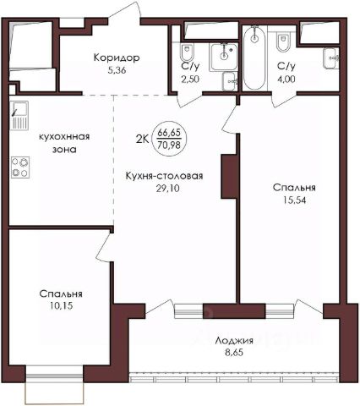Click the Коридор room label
117,58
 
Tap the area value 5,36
117,70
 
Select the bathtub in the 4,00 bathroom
254,58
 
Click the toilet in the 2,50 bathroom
187,52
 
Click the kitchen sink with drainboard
19,115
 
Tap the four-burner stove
20,167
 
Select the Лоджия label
234,341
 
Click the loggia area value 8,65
234,353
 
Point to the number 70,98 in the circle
169,145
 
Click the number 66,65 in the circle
169,132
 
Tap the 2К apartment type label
142,139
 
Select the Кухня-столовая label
164,176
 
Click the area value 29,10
167,189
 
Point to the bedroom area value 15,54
294,200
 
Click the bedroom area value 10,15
61,305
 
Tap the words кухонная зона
64,143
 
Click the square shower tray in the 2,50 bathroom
223,57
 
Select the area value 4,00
286,79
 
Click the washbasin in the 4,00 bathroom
331,58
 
